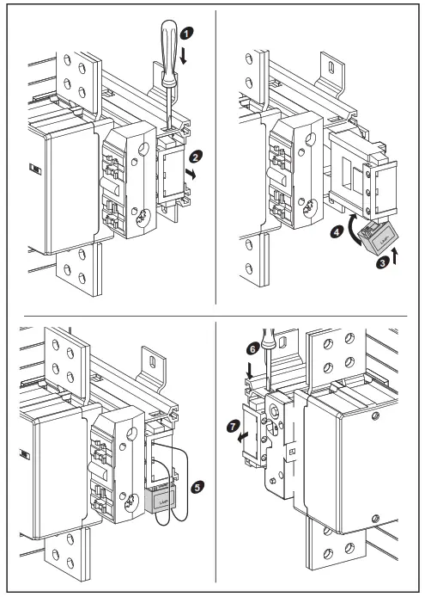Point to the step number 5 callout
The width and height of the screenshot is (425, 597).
pos(198,487)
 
